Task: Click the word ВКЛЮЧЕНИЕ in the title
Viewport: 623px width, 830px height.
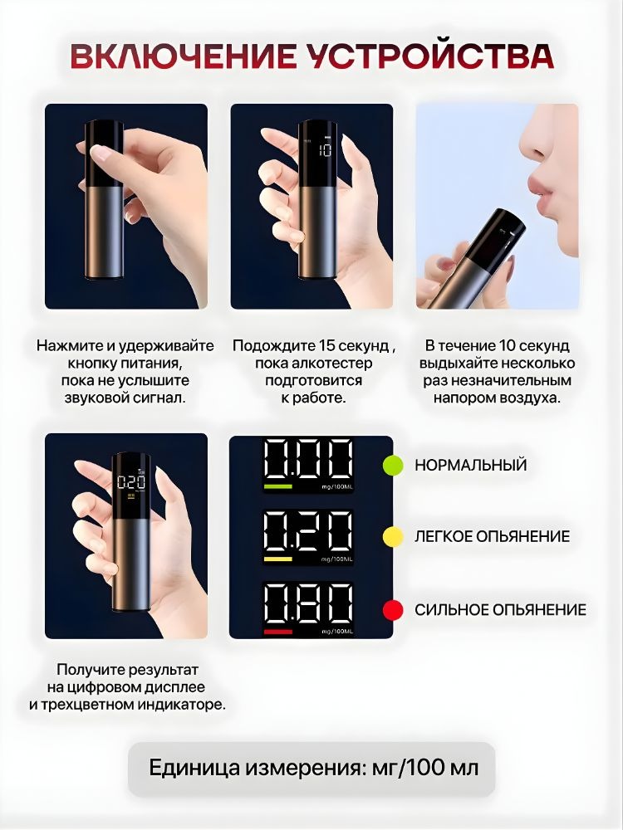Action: (184, 56)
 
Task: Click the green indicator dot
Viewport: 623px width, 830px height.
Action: (393, 465)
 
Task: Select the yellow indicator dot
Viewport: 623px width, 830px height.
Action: (393, 536)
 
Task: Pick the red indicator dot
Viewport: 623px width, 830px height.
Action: (393, 609)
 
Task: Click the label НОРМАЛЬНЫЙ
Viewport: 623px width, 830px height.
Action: (470, 465)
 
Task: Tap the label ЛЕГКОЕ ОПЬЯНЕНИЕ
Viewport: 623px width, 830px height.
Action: (492, 536)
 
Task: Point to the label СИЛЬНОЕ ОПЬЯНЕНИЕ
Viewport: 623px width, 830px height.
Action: (500, 609)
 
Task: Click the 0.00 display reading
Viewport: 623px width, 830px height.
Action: (308, 460)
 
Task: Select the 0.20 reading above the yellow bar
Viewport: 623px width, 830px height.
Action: (308, 531)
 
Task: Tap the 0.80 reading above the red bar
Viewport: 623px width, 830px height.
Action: (308, 603)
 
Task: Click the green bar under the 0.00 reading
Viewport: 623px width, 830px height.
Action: (278, 486)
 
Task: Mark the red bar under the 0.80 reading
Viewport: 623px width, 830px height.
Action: (278, 631)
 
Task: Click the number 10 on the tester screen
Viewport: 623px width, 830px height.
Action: (325, 150)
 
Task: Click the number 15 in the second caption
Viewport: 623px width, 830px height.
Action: (327, 345)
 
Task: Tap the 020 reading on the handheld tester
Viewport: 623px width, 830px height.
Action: (131, 482)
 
